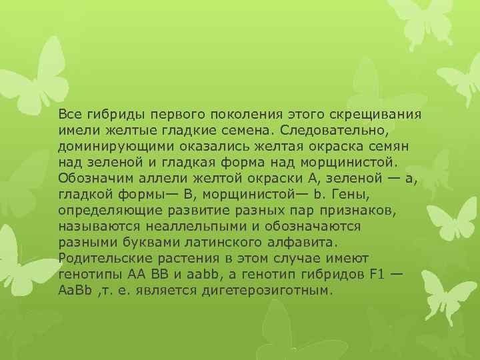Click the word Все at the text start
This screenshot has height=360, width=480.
point(69,113)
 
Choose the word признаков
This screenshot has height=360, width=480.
point(361,211)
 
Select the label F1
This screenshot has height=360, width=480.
point(375,275)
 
